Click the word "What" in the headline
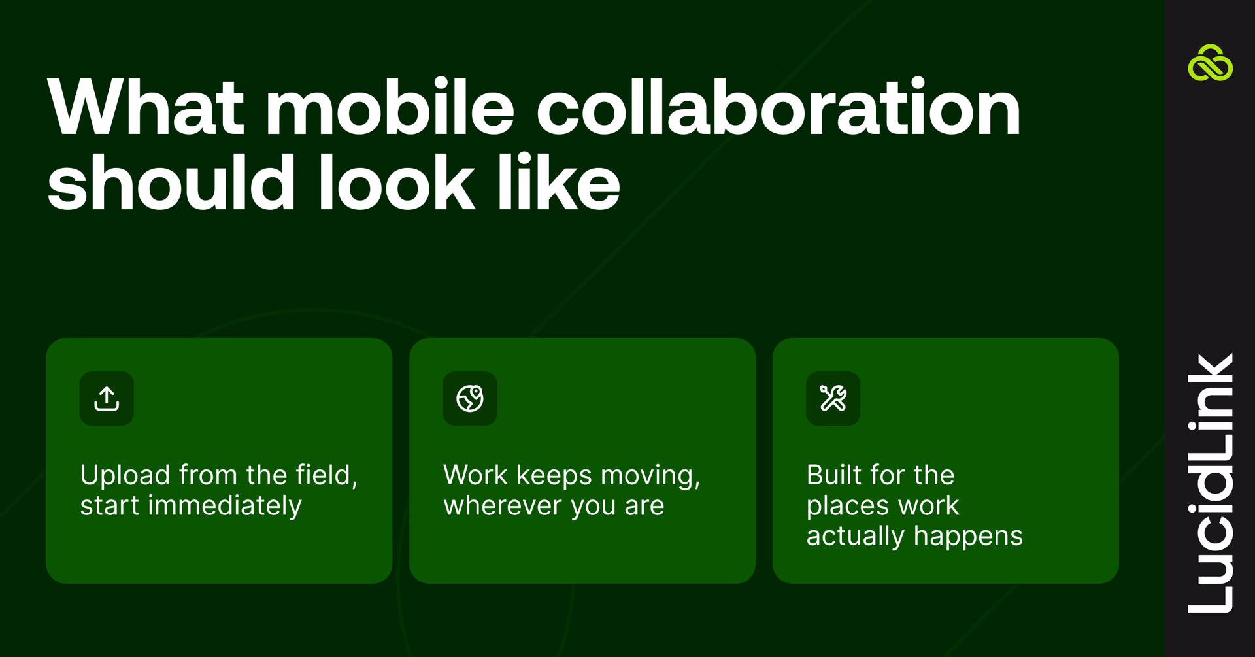[x=145, y=108]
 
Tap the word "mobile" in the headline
[x=390, y=108]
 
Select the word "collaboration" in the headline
[x=778, y=108]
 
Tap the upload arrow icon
[x=107, y=398]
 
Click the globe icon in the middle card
[x=470, y=398]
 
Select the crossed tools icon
[x=833, y=398]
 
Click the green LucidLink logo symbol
[x=1210, y=63]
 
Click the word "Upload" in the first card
[x=125, y=475]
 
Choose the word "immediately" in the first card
[x=225, y=506]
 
